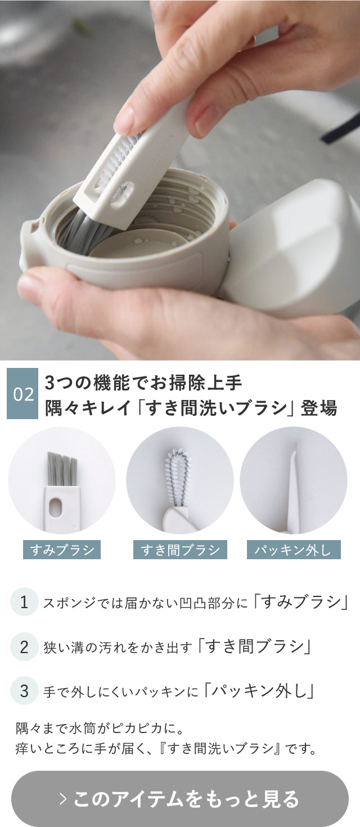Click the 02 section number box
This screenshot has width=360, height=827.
pyautogui.click(x=22, y=394)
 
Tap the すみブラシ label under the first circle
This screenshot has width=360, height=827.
pyautogui.click(x=62, y=550)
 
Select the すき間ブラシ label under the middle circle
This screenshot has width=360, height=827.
pyautogui.click(x=180, y=550)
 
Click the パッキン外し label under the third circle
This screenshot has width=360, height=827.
pyautogui.click(x=294, y=550)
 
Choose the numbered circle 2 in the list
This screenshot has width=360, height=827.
pyautogui.click(x=24, y=646)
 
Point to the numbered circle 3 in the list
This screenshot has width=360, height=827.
pyautogui.click(x=24, y=690)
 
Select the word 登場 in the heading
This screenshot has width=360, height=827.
pyautogui.click(x=318, y=407)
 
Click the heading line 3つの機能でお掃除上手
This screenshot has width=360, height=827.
pyautogui.click(x=143, y=383)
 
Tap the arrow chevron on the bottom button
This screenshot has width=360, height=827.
pyautogui.click(x=63, y=799)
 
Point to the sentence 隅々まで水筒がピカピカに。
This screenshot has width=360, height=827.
pyautogui.click(x=100, y=727)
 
